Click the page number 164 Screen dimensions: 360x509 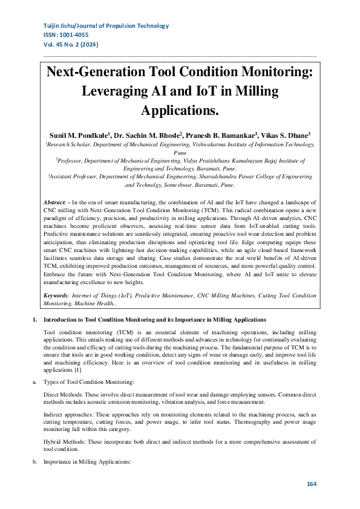pos(312,484)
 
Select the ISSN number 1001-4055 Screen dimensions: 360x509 pos(82,36)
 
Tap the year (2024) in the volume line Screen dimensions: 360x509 pos(88,45)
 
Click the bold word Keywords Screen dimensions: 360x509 pos(56,296)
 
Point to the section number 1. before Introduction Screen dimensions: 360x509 pos(34,319)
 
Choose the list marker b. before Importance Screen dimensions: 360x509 pos(34,462)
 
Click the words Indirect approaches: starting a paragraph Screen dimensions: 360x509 pos(69,415)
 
